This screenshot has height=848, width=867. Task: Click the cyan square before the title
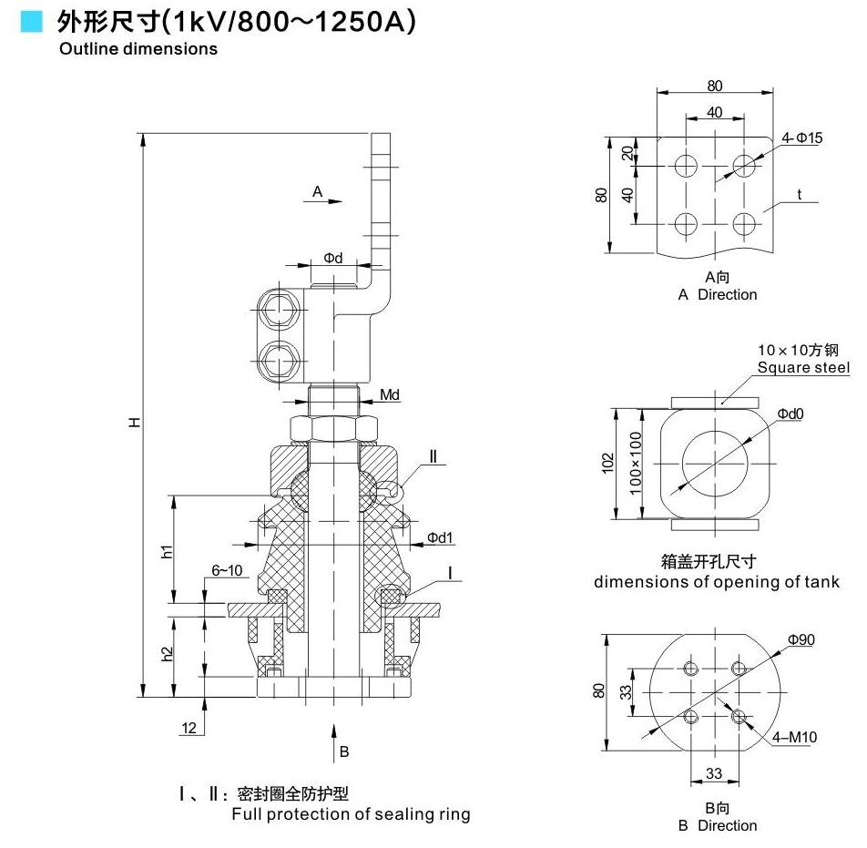(32, 21)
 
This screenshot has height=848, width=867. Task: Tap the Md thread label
(390, 394)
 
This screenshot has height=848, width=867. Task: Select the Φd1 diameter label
(440, 537)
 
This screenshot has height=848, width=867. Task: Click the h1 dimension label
(167, 551)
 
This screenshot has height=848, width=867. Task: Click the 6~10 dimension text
(228, 570)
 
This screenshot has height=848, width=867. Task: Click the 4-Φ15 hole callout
(801, 138)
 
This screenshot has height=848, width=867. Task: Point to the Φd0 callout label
(790, 414)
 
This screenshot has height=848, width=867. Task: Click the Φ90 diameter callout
(801, 639)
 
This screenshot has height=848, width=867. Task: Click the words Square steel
(804, 367)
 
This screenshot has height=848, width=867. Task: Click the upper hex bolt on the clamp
(276, 312)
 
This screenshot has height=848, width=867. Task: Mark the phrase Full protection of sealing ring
(351, 813)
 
